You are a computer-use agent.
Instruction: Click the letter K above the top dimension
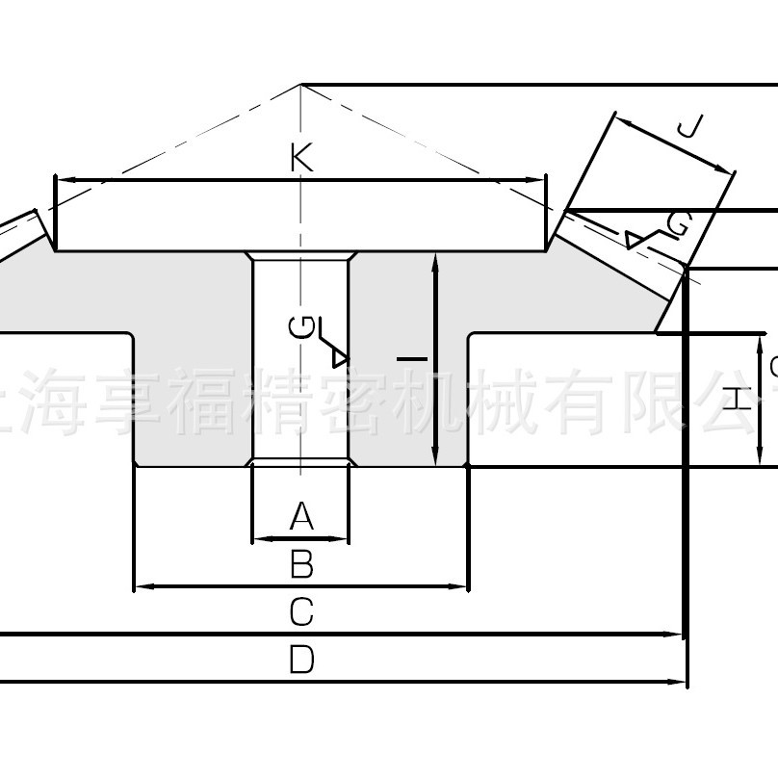[301, 158]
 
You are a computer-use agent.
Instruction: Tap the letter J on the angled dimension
[690, 129]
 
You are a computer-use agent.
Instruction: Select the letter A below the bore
[301, 517]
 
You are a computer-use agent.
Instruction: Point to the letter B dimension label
[301, 564]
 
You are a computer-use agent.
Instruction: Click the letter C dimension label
[301, 611]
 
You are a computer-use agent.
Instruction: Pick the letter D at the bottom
[301, 661]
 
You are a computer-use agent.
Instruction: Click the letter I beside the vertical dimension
[412, 358]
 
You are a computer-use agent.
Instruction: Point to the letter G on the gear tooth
[678, 224]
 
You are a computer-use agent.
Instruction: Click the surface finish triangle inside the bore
[339, 357]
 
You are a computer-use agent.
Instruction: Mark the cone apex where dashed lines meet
[300, 85]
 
